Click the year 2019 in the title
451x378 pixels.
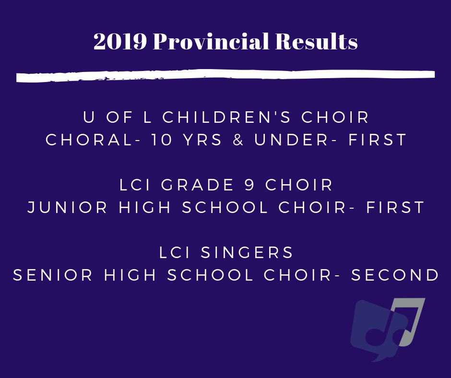120,41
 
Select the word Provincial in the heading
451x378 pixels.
211,41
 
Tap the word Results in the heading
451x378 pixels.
316,41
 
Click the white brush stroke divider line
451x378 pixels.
225,75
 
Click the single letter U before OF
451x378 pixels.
89,118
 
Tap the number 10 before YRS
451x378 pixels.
162,140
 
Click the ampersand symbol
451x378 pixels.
238,140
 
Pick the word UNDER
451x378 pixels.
291,140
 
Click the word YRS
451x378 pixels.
202,140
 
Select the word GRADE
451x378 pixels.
197,185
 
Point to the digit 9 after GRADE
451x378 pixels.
249,185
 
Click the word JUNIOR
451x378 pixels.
67,207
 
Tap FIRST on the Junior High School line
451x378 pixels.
395,207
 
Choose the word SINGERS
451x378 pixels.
247,253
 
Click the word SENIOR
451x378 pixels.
53,275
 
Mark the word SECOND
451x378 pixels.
395,275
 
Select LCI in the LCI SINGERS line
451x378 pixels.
175,253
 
